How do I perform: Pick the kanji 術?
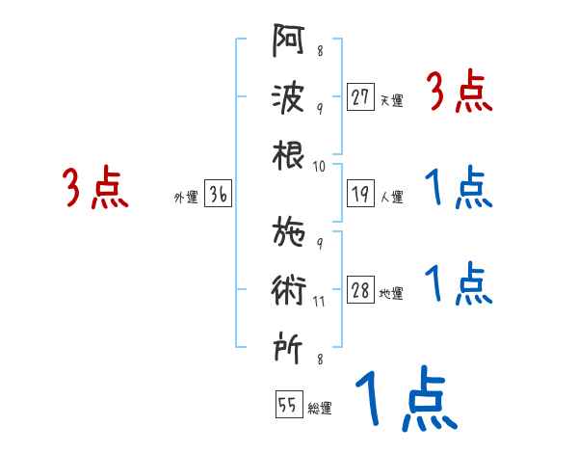[289, 290]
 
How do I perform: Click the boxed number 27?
[360, 97]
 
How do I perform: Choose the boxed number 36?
[218, 196]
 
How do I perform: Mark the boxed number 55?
[289, 405]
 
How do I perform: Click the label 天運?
[391, 100]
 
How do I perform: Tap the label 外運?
[185, 198]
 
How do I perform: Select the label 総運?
[320, 408]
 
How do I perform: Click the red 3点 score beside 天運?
[459, 94]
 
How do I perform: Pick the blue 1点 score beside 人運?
[459, 189]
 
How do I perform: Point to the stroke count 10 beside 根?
[320, 166]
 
